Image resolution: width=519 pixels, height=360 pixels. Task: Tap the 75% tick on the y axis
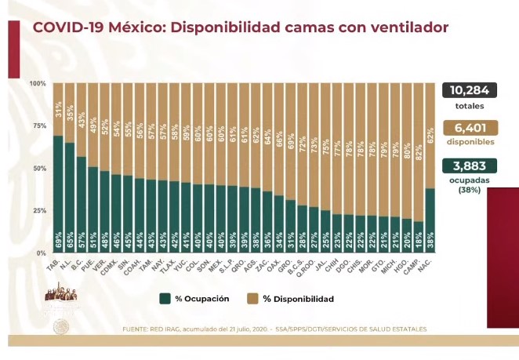point(38,125)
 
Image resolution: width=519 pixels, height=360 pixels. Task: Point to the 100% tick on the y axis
point(37,83)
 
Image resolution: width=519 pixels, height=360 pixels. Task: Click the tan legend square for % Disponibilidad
point(252,299)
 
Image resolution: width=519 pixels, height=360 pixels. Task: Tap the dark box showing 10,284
point(469,90)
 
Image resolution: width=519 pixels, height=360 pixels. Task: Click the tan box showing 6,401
point(469,128)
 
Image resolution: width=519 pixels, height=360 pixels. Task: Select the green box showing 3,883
point(469,165)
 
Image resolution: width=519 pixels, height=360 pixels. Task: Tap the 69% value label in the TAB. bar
point(58,240)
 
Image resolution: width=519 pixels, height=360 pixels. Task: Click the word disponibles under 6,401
point(469,142)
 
